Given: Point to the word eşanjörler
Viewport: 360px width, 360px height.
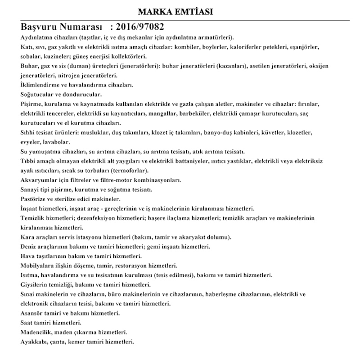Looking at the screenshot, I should [304, 47].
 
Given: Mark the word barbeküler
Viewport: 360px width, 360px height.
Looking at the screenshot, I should [195, 114].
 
